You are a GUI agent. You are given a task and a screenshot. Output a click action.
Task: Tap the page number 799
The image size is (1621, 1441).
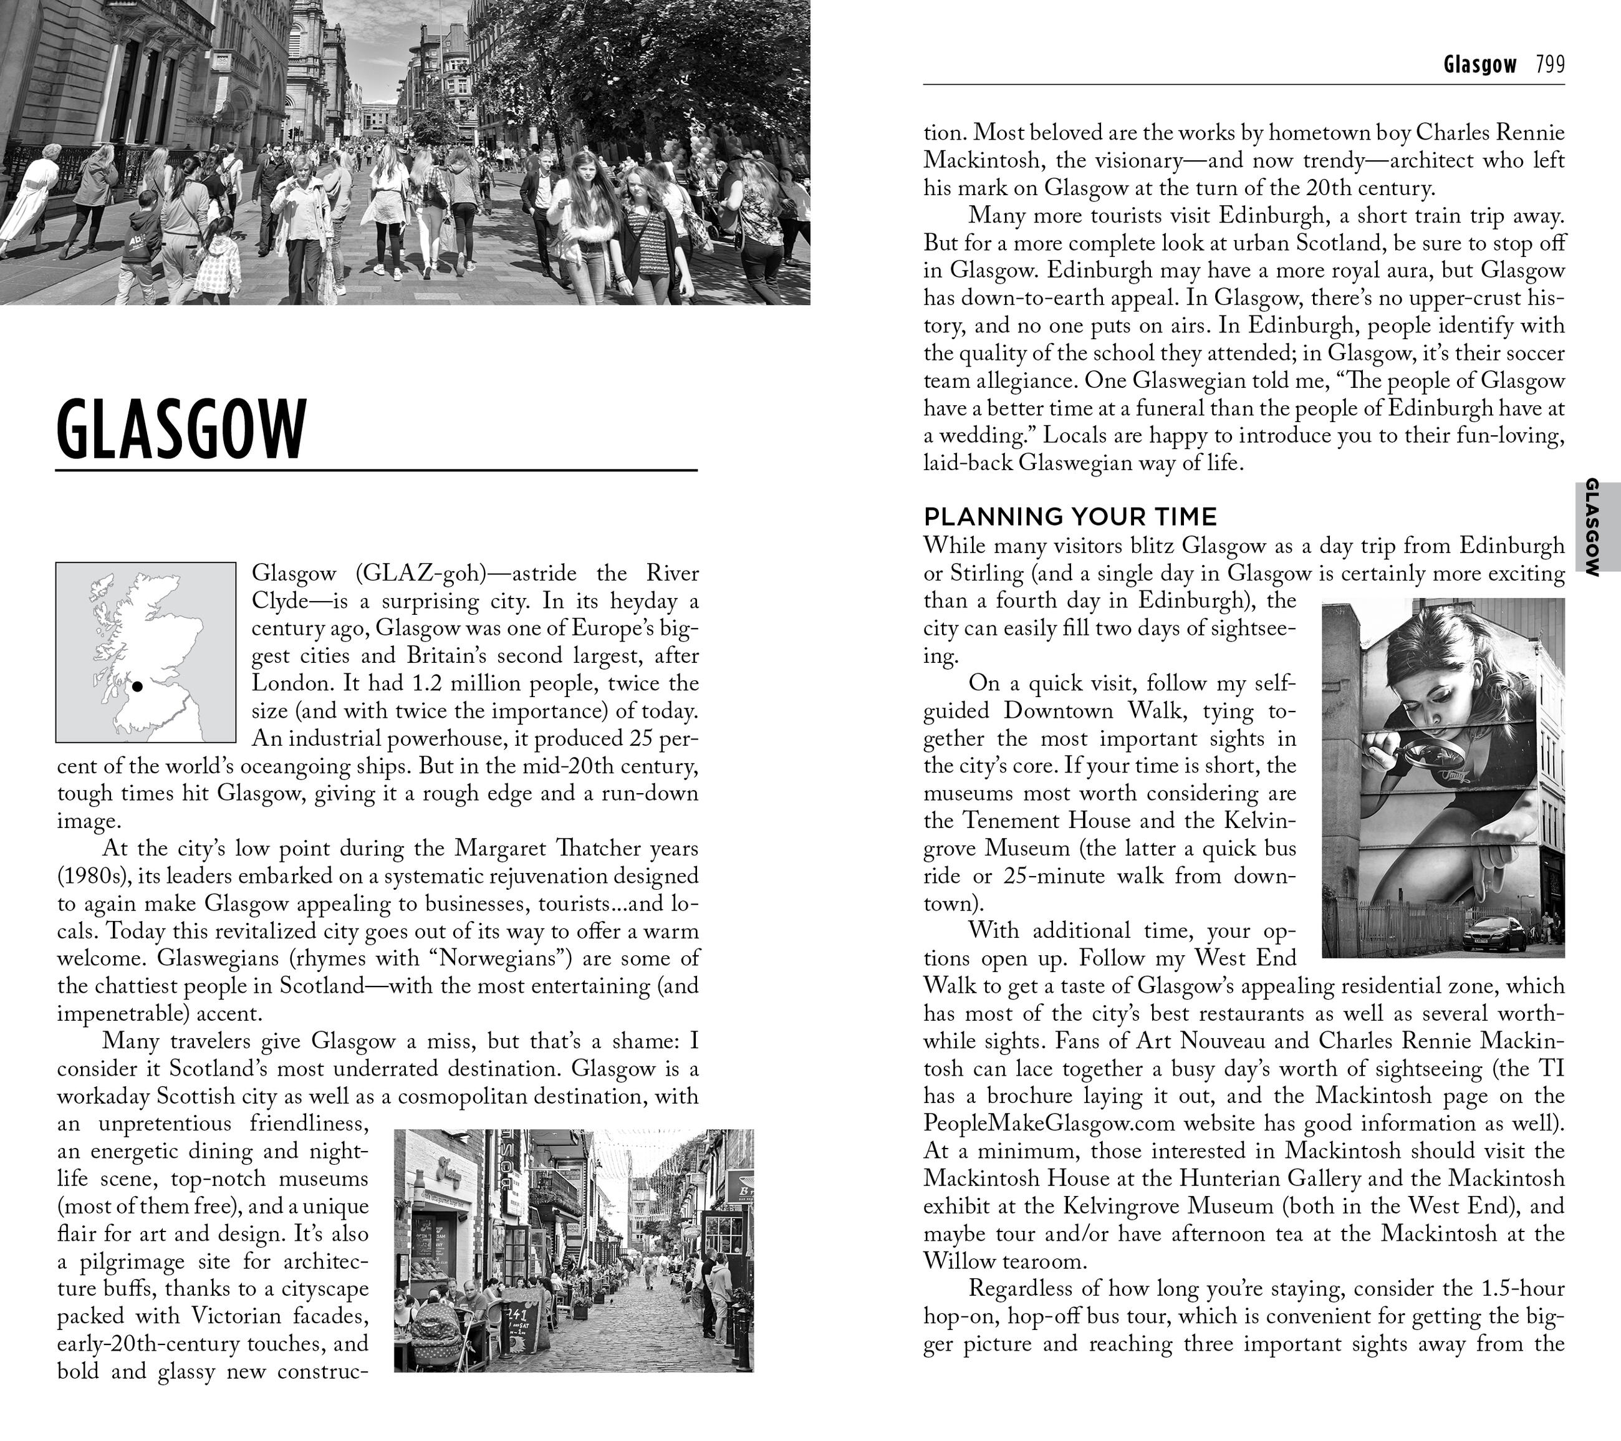[1550, 64]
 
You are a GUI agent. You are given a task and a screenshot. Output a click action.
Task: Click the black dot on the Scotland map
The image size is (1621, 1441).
[137, 686]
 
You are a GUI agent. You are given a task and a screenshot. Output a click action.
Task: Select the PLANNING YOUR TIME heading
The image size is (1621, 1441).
[1070, 517]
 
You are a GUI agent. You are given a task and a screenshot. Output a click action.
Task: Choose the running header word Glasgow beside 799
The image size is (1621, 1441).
[1480, 64]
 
